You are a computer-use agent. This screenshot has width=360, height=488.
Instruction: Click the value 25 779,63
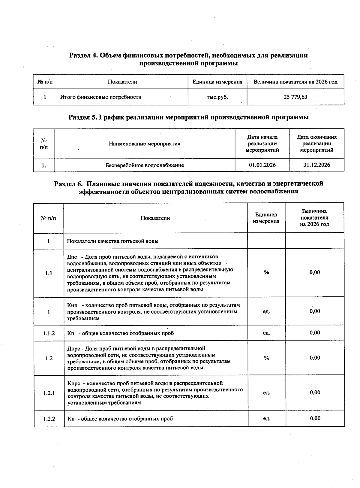click(x=295, y=97)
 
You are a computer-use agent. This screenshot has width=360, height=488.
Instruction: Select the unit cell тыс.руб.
click(x=217, y=97)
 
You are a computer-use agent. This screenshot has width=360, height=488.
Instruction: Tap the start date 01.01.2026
click(x=262, y=165)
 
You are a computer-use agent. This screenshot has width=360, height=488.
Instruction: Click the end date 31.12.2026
click(x=316, y=165)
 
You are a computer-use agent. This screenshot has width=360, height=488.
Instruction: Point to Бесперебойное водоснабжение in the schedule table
click(x=145, y=165)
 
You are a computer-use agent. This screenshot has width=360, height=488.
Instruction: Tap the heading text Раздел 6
click(x=68, y=183)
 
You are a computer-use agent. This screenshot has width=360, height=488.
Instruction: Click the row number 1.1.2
click(x=49, y=333)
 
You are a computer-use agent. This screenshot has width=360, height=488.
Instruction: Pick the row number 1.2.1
click(x=49, y=393)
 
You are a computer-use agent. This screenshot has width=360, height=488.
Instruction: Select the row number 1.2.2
click(x=49, y=419)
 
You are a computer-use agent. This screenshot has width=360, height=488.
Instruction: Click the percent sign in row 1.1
click(x=266, y=273)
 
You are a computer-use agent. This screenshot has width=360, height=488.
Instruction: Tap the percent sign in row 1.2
click(x=266, y=358)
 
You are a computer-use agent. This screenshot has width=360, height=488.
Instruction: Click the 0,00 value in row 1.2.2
click(x=315, y=418)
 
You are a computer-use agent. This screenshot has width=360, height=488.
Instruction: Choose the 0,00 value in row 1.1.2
click(x=315, y=333)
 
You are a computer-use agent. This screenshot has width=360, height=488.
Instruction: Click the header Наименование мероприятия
click(x=145, y=144)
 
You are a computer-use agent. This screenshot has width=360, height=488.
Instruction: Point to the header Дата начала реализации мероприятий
click(x=262, y=144)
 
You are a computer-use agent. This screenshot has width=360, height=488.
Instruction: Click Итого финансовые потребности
click(x=101, y=97)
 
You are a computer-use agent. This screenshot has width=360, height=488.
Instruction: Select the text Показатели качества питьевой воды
click(x=113, y=241)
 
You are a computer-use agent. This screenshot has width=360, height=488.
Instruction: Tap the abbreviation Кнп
click(x=72, y=305)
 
